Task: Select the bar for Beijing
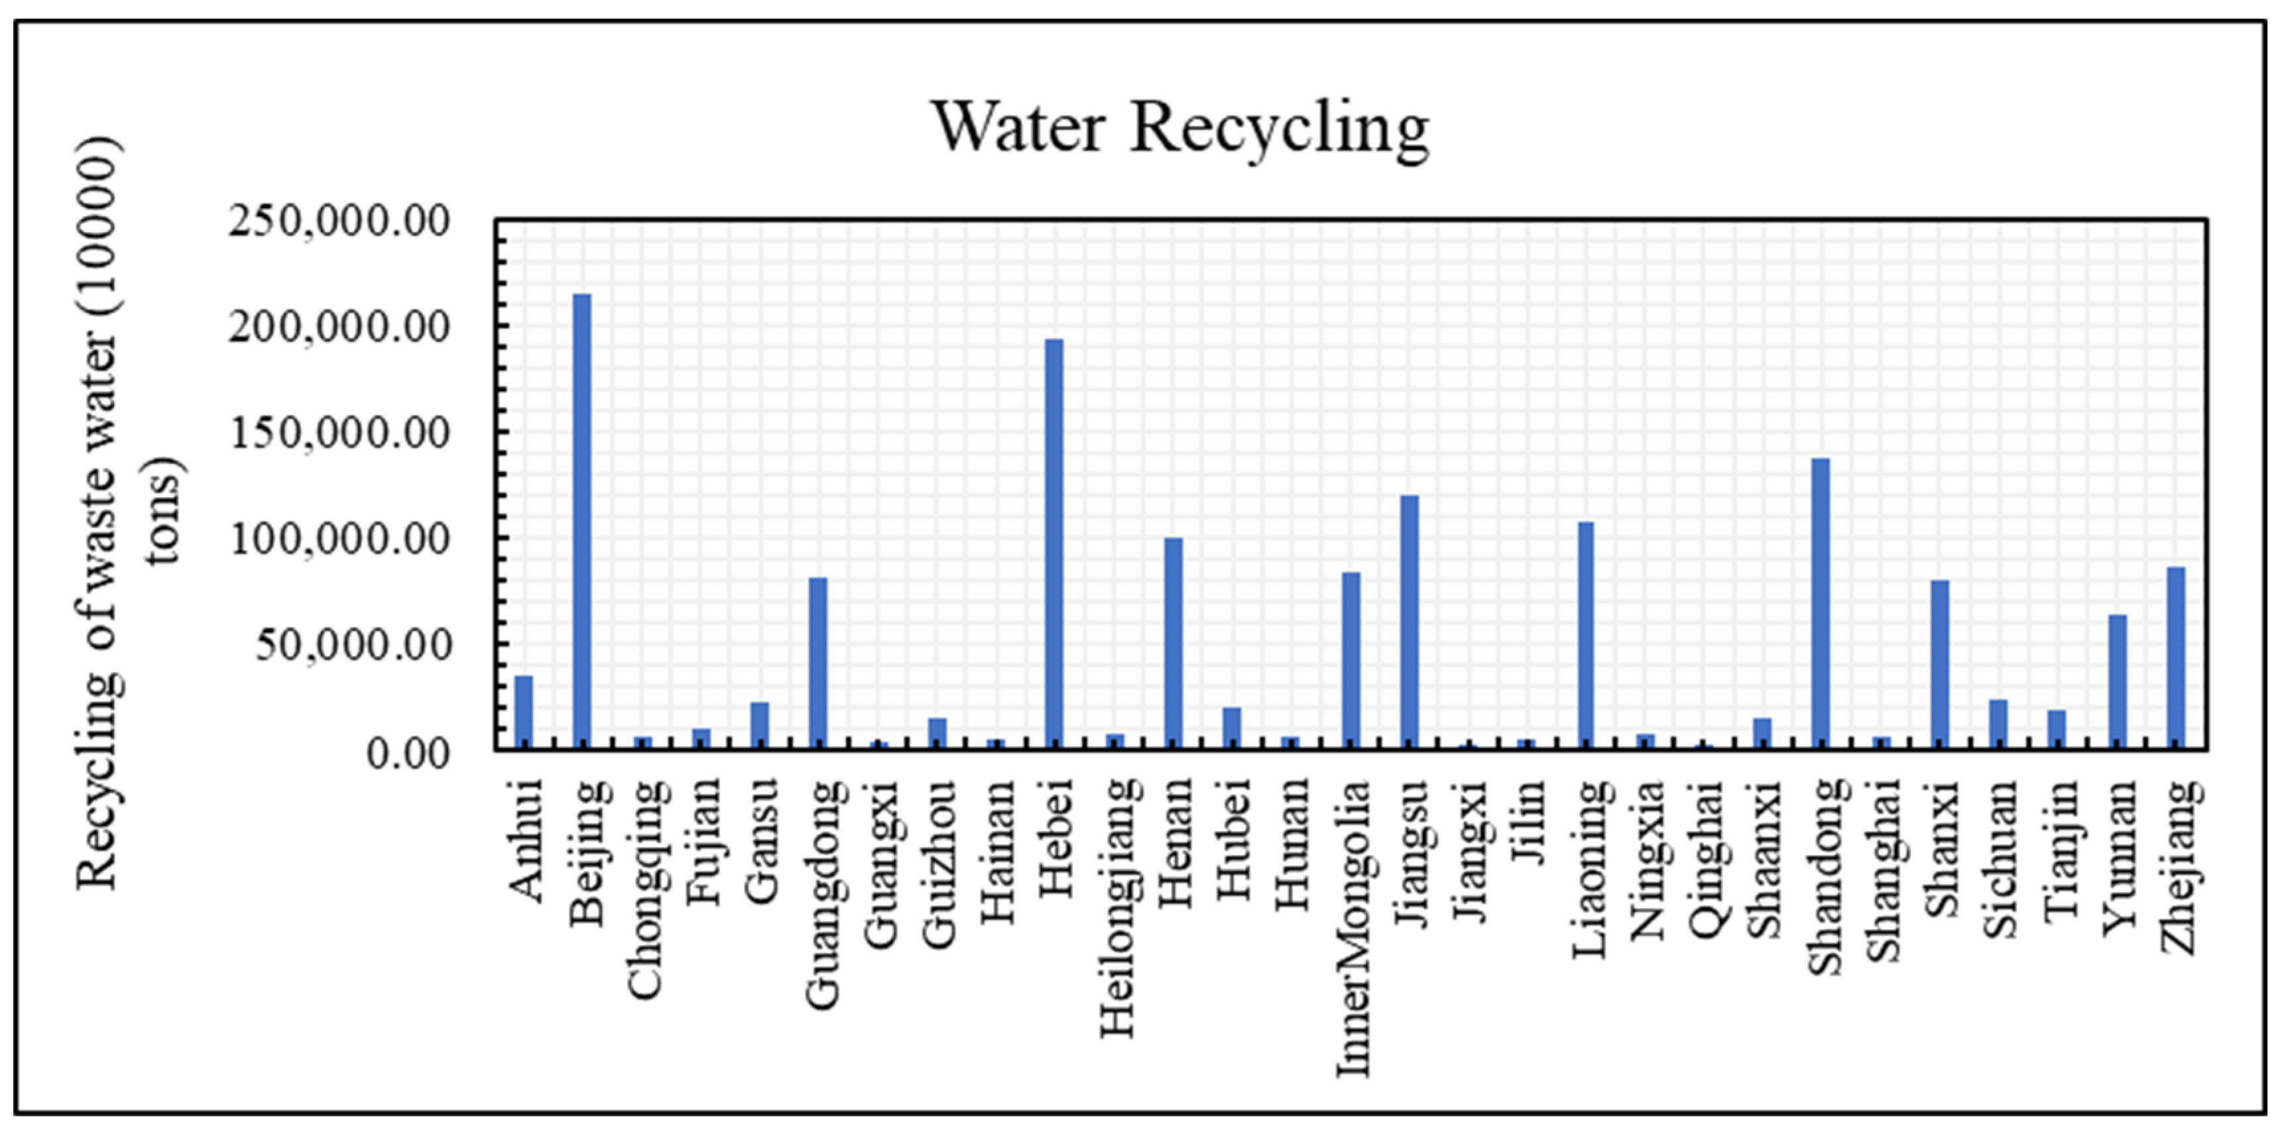tap(582, 521)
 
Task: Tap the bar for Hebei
tap(1054, 544)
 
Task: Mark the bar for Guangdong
tap(818, 663)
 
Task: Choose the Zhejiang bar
tap(2176, 658)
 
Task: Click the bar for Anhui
tap(524, 712)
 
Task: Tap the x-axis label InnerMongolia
tap(1352, 927)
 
